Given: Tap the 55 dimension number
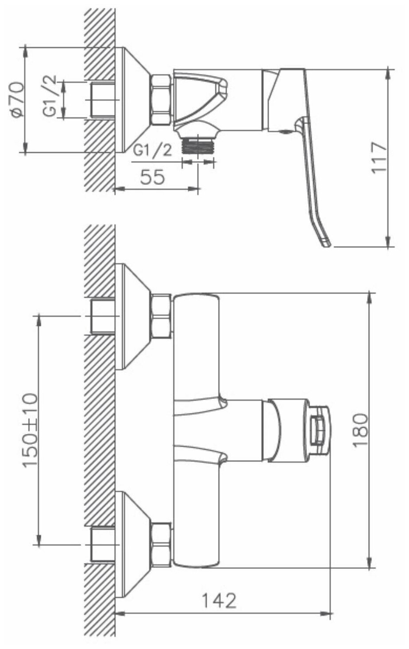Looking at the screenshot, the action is click(x=152, y=177).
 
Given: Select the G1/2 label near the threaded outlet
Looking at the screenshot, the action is click(x=153, y=151).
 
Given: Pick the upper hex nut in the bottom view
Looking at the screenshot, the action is click(x=161, y=317).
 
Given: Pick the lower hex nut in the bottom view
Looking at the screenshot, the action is click(x=161, y=545).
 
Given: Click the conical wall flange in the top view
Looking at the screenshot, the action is click(x=133, y=99).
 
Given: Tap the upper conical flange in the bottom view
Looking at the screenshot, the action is click(x=133, y=317).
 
